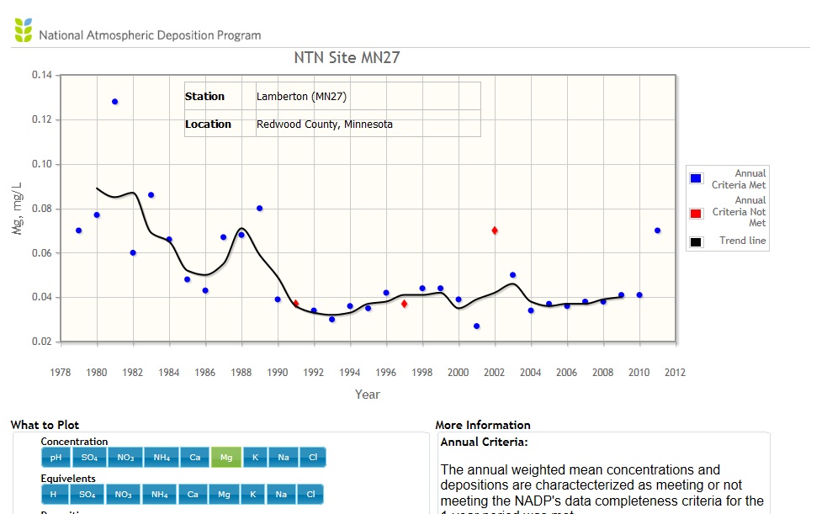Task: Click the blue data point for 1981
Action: coord(115,102)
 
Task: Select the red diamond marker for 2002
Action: coord(495,231)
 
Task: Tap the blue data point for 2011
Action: coord(657,231)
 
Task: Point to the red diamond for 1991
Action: coord(295,304)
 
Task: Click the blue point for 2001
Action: coord(476,326)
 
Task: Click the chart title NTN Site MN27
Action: coord(346,58)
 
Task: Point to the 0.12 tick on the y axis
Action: coord(42,119)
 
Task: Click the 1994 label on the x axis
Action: coord(349,372)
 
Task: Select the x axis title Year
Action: coord(368,394)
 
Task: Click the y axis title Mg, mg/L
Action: coord(18,208)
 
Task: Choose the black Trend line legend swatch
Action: coord(697,242)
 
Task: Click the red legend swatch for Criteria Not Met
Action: coord(697,213)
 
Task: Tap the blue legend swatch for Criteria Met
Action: coord(697,179)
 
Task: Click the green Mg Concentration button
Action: coord(225,458)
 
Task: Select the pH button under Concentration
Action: coord(56,458)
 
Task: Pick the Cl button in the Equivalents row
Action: coord(311,495)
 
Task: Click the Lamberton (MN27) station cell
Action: coord(302,97)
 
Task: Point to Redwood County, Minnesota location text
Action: coord(325,125)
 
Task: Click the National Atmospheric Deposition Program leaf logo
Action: coord(24,30)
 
